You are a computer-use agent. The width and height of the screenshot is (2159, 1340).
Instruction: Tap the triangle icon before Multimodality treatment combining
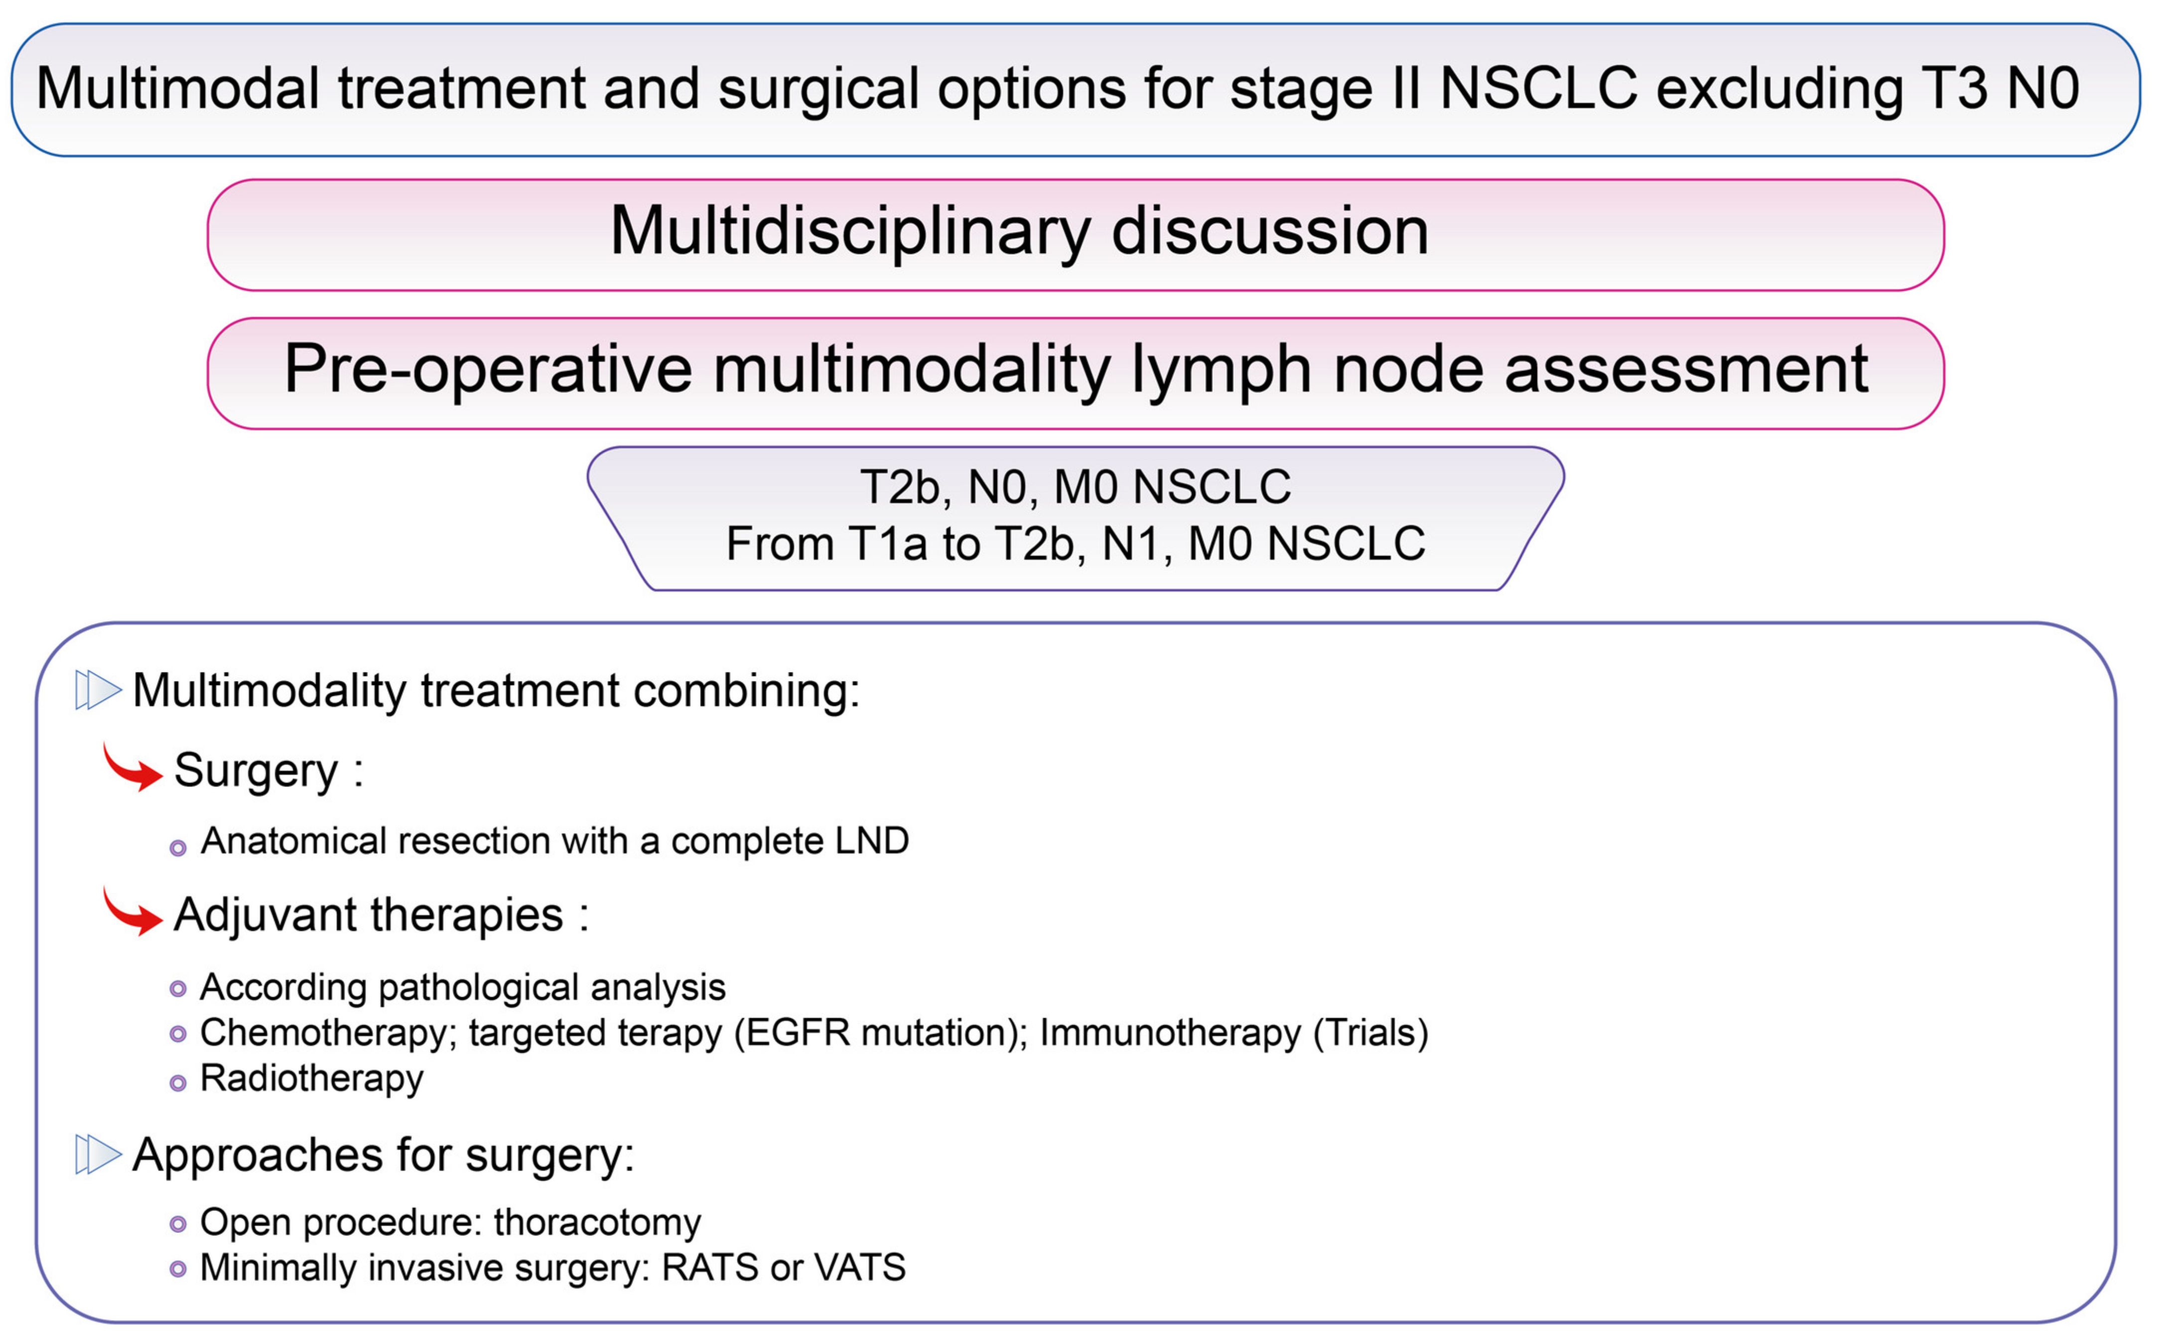click(x=98, y=689)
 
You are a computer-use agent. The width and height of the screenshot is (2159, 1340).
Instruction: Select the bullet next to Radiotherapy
click(x=178, y=1083)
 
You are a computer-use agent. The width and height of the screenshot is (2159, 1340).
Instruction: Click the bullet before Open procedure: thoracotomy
click(x=178, y=1225)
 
